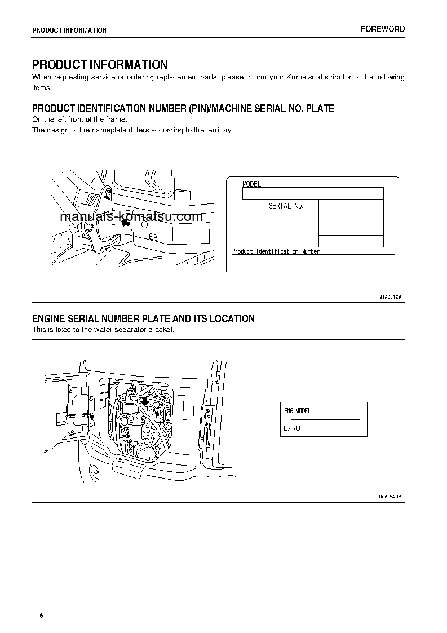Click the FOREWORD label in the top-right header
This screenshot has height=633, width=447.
pos(382,29)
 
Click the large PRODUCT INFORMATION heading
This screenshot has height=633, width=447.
pos(100,65)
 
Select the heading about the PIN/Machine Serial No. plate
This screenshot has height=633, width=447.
pos(183,108)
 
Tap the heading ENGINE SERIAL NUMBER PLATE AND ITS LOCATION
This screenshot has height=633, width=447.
pos(143,319)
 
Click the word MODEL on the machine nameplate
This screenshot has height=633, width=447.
pos(251,184)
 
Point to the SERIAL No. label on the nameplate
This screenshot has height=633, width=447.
pos(286,206)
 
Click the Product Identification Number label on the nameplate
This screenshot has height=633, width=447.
pos(276,251)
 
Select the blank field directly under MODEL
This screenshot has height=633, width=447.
pos(312,193)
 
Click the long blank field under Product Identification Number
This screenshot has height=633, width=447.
pos(313,260)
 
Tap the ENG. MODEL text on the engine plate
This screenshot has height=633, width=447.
pos(298,411)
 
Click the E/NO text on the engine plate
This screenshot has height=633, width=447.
pos(291,428)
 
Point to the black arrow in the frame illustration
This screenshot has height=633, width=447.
pos(126,223)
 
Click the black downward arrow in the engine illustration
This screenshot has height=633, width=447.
pos(145,401)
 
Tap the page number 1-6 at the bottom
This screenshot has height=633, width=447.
pos(38,615)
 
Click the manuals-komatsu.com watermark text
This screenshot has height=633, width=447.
pos(130,217)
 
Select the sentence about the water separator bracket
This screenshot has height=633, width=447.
pos(103,330)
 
